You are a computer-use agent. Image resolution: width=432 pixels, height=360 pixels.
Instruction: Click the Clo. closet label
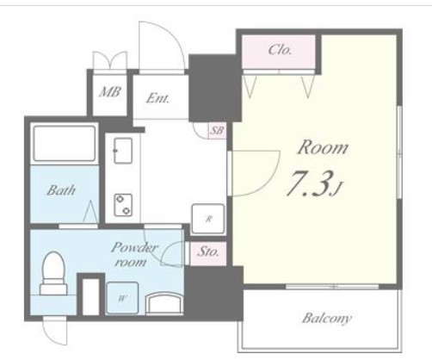[280, 50]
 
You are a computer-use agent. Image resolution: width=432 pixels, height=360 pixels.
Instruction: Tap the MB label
[110, 92]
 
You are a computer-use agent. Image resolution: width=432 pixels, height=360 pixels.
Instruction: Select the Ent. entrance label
[157, 98]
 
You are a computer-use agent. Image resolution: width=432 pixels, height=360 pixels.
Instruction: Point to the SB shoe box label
[217, 131]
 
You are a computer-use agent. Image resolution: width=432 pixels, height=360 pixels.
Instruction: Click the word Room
[323, 147]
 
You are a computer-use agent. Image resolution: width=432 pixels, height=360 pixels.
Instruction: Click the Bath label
[61, 190]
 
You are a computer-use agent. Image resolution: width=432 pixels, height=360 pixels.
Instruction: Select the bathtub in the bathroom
[65, 143]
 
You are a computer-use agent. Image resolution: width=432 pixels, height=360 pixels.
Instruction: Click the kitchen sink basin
[123, 151]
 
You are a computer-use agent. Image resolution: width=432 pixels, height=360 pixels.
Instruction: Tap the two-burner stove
[123, 205]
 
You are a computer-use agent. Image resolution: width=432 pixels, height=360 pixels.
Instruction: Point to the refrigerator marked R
[208, 219]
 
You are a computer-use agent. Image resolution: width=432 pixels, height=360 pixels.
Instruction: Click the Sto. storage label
[208, 251]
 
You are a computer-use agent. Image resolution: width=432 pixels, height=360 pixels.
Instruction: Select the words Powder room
[133, 254]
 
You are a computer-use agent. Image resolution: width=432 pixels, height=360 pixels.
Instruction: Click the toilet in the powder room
[53, 273]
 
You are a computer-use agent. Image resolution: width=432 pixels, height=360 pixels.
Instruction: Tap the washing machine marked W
[122, 298]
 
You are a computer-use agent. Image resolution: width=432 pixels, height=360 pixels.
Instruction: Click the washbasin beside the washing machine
[164, 304]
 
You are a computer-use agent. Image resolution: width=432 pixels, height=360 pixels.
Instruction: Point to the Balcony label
[326, 318]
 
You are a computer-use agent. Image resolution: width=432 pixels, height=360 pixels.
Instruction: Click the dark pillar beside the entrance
[214, 88]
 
